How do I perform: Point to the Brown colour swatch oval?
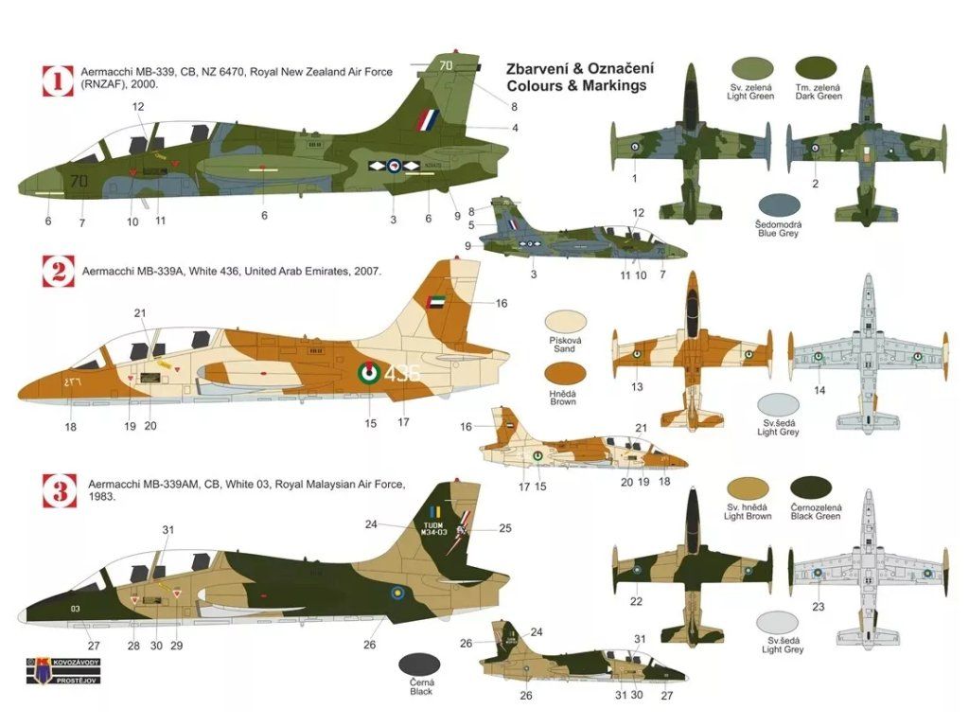[x=563, y=372]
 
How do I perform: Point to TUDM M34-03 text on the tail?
[x=436, y=527]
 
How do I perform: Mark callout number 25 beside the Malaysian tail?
[x=505, y=528]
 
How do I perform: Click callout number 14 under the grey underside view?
[x=819, y=390]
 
